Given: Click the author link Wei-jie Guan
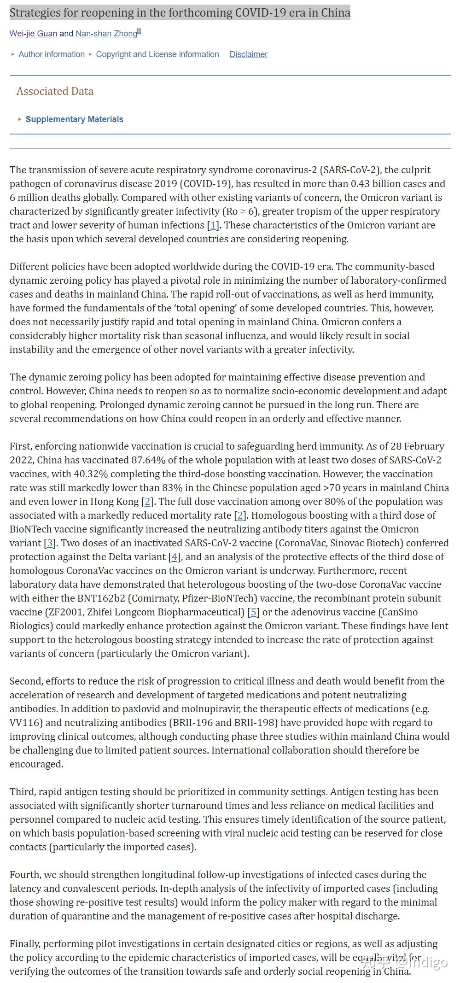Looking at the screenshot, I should coord(33,34).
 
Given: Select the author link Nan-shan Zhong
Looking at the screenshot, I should coord(106,34).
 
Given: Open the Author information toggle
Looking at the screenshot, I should coord(51,54).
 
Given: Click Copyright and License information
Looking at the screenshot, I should coord(157,54).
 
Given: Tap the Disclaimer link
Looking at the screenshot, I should coord(248,54).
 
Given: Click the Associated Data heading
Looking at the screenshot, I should coord(55,91).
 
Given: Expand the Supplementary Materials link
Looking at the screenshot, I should coord(74,119).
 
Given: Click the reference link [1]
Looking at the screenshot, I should coord(213,225).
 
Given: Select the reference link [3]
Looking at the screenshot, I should coord(50,543).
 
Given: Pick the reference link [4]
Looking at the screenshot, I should coord(174,557).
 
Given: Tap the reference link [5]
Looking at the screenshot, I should coord(254,612).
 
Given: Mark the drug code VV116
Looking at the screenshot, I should coord(25,723).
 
